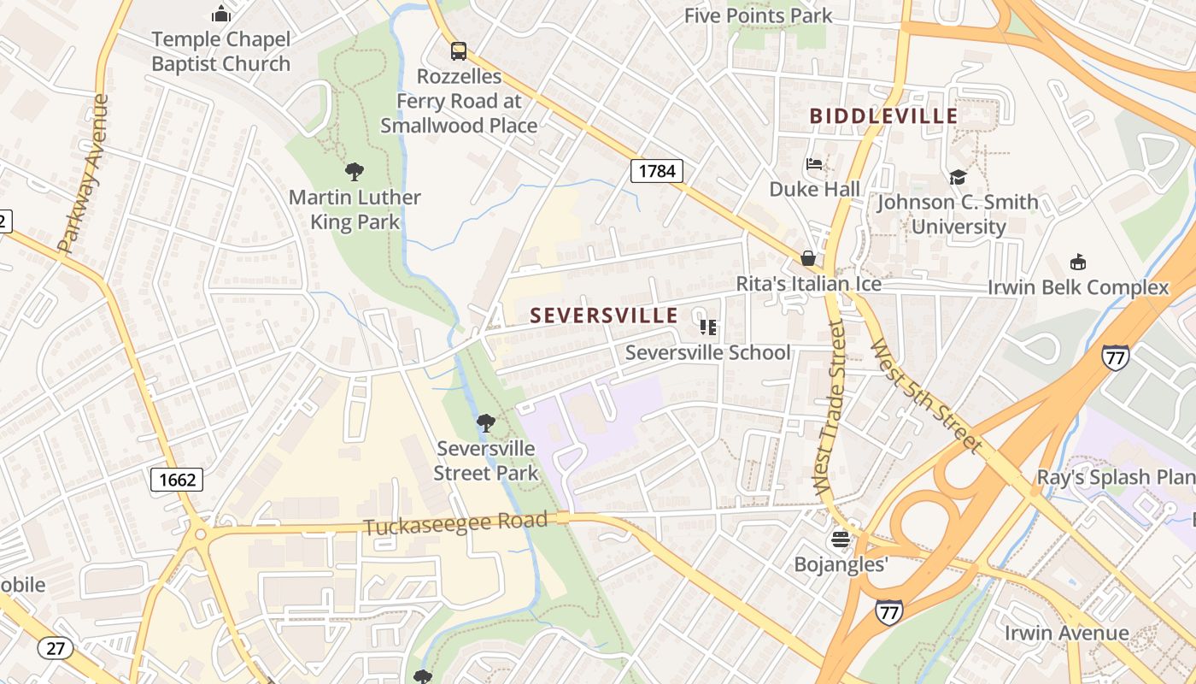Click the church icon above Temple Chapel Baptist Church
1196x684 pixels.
221,14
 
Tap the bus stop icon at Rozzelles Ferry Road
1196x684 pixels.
459,50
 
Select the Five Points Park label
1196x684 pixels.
758,15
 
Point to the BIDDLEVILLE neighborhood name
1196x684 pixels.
883,115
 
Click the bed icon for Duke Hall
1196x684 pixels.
814,164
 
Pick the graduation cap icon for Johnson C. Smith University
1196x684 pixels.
958,177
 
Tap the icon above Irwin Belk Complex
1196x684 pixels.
1078,262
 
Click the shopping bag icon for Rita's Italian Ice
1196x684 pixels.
807,258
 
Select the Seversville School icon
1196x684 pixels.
707,327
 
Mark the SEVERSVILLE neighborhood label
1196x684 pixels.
604,315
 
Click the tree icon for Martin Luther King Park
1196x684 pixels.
354,172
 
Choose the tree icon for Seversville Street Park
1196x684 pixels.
485,422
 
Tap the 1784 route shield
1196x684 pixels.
657,171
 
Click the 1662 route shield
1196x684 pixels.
178,480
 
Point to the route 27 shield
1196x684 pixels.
55,648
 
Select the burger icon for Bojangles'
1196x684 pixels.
841,540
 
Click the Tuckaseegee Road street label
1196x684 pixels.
454,523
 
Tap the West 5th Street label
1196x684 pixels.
924,394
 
